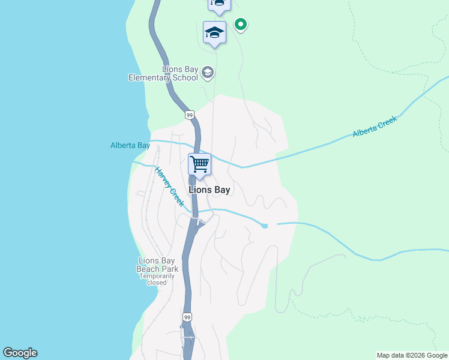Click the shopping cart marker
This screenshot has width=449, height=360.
[199, 164]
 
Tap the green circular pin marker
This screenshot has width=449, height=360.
[241, 25]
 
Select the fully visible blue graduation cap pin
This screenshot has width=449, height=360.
[214, 33]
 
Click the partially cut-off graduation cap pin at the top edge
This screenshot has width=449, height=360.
[219, 5]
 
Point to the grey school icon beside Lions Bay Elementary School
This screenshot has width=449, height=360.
[208, 73]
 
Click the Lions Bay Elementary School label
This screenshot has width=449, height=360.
[164, 73]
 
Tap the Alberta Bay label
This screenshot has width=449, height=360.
[130, 145]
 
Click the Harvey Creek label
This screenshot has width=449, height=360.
[169, 187]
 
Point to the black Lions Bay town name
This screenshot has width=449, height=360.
[209, 189]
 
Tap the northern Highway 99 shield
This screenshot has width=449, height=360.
[189, 115]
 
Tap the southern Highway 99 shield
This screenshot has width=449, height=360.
[188, 316]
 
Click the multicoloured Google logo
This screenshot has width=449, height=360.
[20, 353]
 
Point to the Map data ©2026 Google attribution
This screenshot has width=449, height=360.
[412, 355]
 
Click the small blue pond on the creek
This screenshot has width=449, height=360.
[264, 225]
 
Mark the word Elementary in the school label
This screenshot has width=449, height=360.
[150, 77]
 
